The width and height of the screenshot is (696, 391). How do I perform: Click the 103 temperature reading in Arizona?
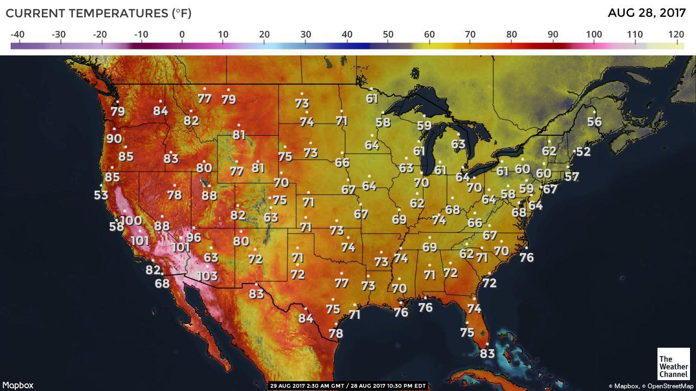(207, 276)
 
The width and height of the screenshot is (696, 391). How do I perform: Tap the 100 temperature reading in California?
(130, 220)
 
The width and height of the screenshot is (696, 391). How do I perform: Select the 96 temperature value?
(194, 237)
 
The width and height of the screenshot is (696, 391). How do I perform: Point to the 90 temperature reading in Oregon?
(114, 138)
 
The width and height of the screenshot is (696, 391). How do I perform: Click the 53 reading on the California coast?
(101, 195)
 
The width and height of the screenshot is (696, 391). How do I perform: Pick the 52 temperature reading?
(583, 152)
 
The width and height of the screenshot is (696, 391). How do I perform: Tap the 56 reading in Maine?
(594, 122)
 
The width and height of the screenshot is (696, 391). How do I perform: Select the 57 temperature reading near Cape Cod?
(571, 176)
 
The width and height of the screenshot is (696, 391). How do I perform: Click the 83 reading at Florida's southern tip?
(487, 354)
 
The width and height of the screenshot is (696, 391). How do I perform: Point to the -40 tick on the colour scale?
(17, 35)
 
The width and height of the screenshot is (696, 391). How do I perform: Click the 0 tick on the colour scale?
(182, 35)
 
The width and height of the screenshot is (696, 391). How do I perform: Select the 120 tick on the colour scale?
(676, 35)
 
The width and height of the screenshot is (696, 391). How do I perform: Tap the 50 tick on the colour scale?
(388, 35)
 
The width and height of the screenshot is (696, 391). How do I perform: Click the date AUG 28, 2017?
(647, 13)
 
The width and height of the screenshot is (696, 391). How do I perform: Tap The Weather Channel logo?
(673, 363)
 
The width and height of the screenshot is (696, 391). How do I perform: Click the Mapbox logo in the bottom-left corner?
(17, 385)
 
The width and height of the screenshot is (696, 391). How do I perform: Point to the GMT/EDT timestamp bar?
(348, 386)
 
